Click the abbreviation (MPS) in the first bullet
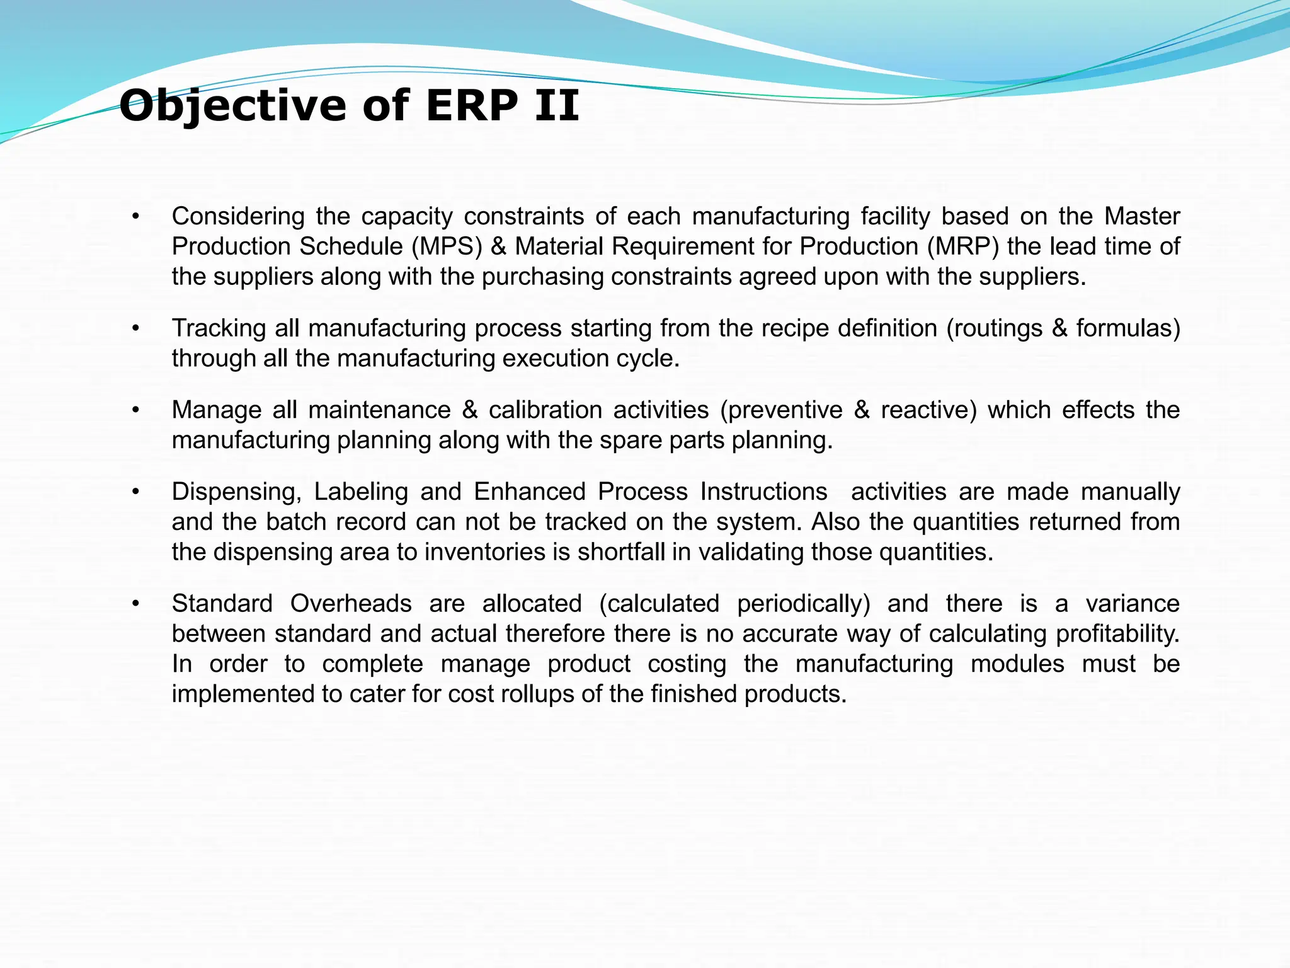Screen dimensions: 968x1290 click(447, 246)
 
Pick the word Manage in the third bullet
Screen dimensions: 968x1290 click(216, 410)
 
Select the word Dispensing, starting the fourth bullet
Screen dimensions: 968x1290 click(237, 492)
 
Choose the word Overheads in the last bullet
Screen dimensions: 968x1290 click(351, 604)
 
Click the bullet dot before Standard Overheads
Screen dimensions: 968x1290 click(135, 604)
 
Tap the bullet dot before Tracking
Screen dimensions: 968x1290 click(135, 328)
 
